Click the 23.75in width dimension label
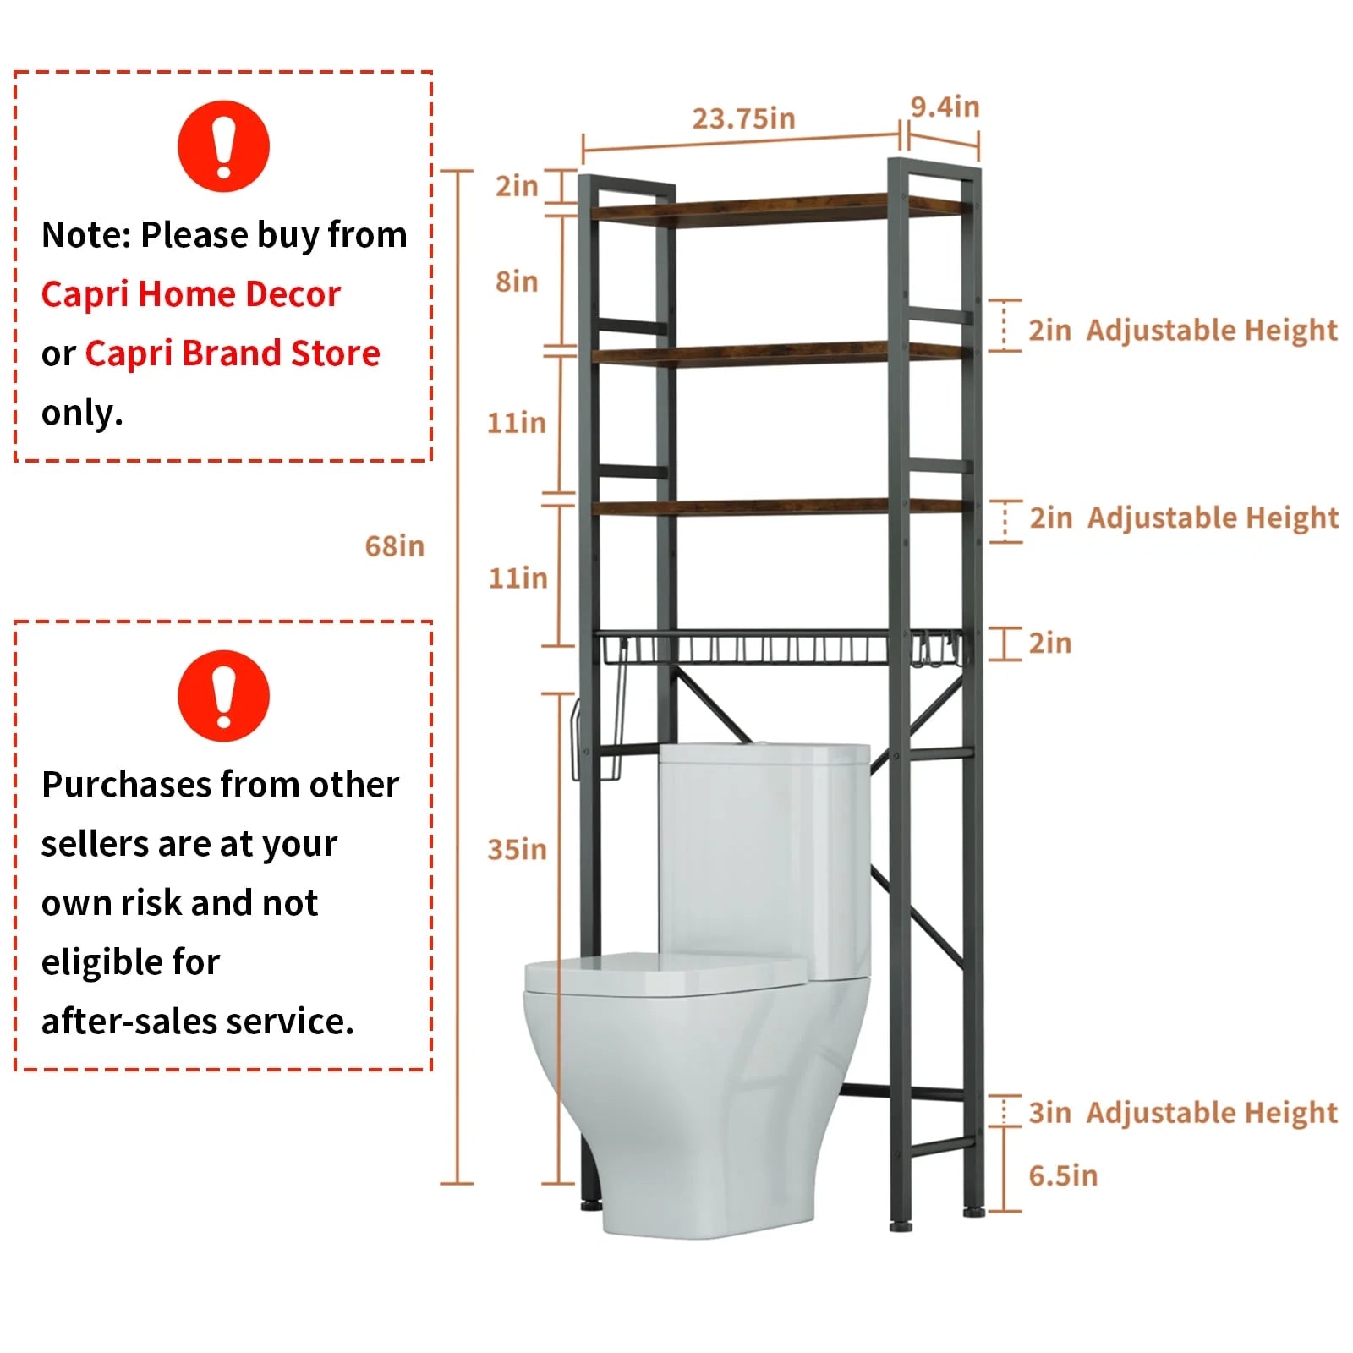click(743, 118)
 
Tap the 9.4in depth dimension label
click(945, 107)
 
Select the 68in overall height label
click(394, 546)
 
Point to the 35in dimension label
click(517, 849)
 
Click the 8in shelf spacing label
click(517, 281)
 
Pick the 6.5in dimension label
click(1063, 1175)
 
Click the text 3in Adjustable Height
click(1182, 1113)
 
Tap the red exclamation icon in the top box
click(223, 146)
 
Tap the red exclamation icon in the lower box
click(223, 696)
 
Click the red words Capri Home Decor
click(191, 294)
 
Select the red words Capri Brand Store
click(233, 353)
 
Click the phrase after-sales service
click(197, 1022)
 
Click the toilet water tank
click(764, 854)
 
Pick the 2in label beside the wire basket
click(1050, 644)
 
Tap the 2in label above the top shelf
click(517, 185)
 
